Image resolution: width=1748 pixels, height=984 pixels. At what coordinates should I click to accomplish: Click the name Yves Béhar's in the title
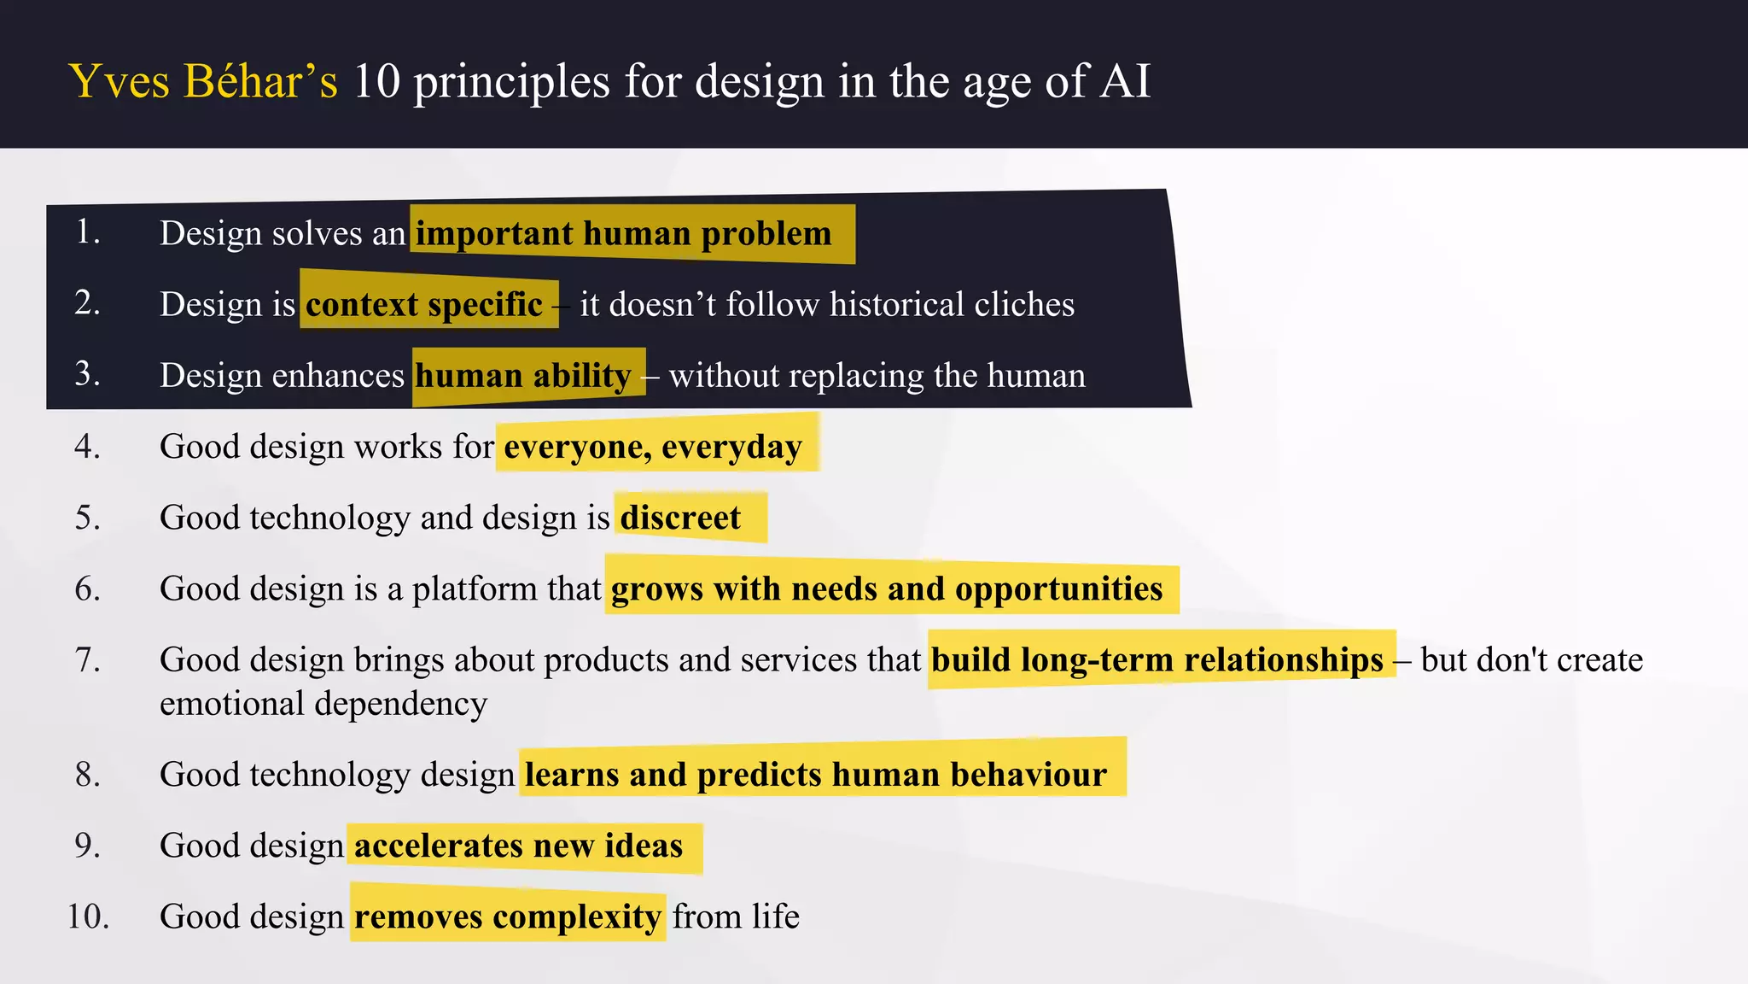203,82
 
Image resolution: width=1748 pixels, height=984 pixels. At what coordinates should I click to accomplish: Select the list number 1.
87,231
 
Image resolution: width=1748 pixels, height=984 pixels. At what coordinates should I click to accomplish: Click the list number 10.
88,916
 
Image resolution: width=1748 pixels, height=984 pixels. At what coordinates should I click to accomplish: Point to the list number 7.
87,659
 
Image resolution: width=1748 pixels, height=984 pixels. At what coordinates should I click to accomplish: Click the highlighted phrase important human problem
623,233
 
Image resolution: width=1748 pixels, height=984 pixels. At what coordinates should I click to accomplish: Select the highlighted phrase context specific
424,304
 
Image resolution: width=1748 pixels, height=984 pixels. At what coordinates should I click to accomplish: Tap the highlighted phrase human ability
523,375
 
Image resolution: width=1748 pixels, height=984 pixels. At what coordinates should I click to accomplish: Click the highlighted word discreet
680,518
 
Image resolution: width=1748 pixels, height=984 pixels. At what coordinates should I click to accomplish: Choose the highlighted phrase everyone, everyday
653,447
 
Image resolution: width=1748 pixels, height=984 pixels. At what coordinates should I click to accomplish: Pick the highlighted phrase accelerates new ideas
518,846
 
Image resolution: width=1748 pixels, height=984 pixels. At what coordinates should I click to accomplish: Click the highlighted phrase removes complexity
507,917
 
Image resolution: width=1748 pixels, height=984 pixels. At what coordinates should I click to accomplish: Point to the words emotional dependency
323,704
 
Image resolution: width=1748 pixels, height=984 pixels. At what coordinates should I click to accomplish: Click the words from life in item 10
736,917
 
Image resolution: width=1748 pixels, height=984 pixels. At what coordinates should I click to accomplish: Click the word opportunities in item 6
1058,589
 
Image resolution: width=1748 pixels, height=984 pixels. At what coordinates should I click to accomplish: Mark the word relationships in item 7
1284,659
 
